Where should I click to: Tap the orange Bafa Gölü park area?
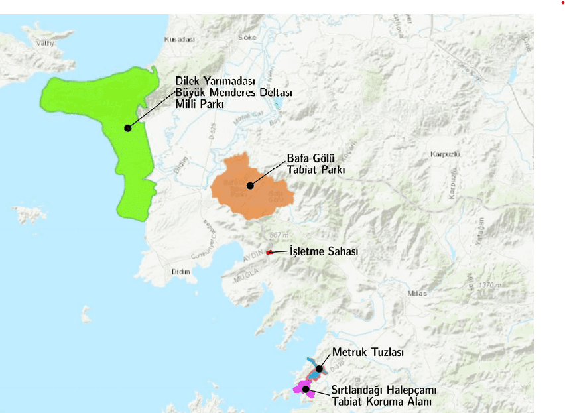click(239, 199)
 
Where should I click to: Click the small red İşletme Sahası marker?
click(269, 252)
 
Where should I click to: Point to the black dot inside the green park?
click(127, 127)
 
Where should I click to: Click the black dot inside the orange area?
click(250, 186)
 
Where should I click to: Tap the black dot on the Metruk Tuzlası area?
click(319, 369)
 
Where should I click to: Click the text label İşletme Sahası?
click(324, 252)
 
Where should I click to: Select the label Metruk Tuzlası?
click(367, 352)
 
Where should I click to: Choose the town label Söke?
click(247, 38)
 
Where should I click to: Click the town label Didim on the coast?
click(180, 272)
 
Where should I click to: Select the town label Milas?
click(418, 293)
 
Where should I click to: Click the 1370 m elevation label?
click(490, 285)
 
